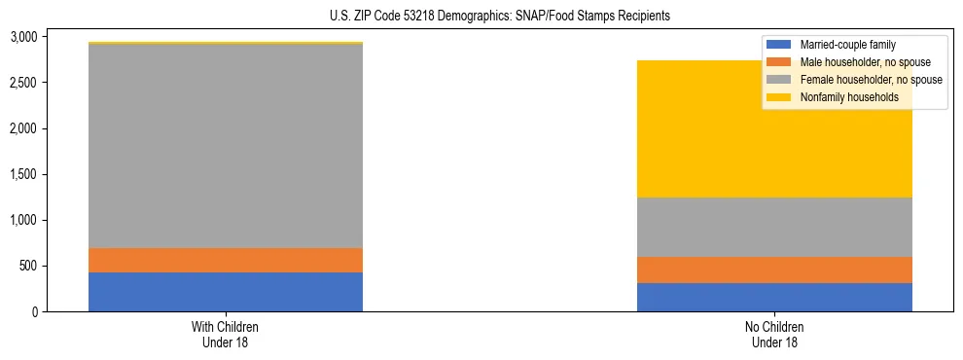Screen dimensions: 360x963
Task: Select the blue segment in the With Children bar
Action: (226, 292)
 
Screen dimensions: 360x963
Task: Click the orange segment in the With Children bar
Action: (226, 260)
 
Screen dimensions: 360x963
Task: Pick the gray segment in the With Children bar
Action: (226, 146)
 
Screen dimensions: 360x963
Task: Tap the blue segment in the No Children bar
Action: (774, 297)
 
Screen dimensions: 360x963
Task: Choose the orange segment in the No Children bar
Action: (774, 270)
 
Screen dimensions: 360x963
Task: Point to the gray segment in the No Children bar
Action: (774, 227)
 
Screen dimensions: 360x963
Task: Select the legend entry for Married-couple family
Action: (846, 45)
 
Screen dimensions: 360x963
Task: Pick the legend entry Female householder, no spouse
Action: (870, 80)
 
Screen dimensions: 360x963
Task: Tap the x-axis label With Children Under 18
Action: (226, 334)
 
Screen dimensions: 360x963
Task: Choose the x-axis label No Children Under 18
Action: (774, 334)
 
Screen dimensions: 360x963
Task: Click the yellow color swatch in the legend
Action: (779, 97)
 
